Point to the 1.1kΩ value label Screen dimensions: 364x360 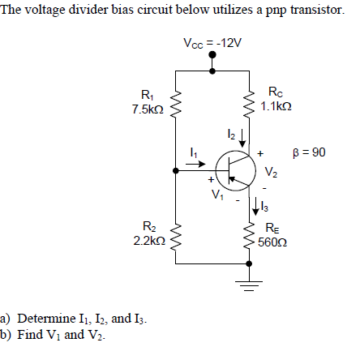click(276, 106)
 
